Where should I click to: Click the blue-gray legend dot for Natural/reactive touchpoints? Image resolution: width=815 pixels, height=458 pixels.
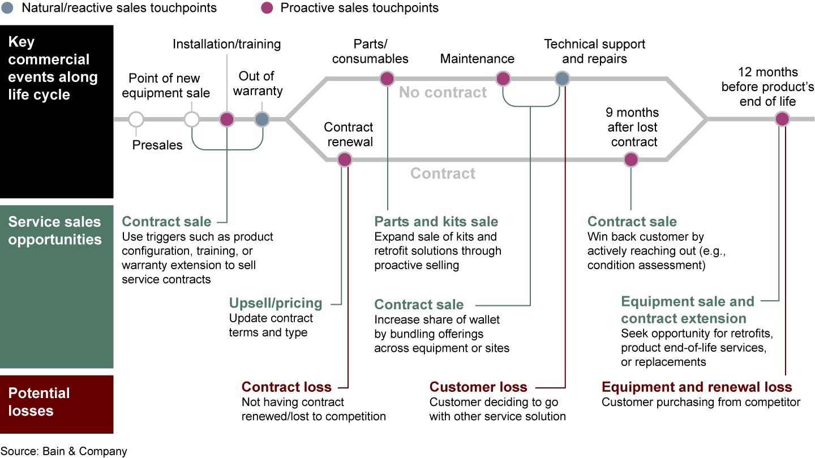[7, 8]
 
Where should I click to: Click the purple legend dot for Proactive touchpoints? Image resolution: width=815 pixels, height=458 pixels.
[268, 8]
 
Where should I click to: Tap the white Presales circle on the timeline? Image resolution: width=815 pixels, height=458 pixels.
[136, 119]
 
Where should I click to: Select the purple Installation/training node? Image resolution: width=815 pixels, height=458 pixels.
[226, 119]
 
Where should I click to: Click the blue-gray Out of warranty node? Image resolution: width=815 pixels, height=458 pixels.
[261, 119]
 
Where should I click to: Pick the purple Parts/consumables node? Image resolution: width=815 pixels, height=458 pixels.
[387, 79]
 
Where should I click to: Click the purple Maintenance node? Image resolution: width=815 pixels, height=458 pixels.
[503, 79]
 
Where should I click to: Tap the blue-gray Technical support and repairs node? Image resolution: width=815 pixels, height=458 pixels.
[562, 79]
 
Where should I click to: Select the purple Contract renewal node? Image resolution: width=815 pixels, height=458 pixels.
[345, 160]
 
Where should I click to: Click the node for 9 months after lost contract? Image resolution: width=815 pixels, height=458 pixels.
[631, 160]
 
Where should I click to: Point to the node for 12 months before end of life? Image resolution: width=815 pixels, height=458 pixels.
[782, 119]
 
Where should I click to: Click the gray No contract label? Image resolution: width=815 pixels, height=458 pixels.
[443, 93]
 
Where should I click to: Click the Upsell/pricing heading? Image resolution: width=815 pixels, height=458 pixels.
[276, 303]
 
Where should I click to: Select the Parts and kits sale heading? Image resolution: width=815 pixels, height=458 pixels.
[436, 222]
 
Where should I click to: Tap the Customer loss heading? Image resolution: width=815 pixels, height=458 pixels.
[478, 387]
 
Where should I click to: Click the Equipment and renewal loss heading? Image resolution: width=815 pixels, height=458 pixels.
[697, 387]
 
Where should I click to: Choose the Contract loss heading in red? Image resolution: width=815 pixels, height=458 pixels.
[286, 387]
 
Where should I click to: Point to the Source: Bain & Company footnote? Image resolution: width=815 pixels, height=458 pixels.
[63, 451]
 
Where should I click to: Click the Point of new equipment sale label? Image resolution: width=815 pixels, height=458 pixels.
[166, 85]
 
